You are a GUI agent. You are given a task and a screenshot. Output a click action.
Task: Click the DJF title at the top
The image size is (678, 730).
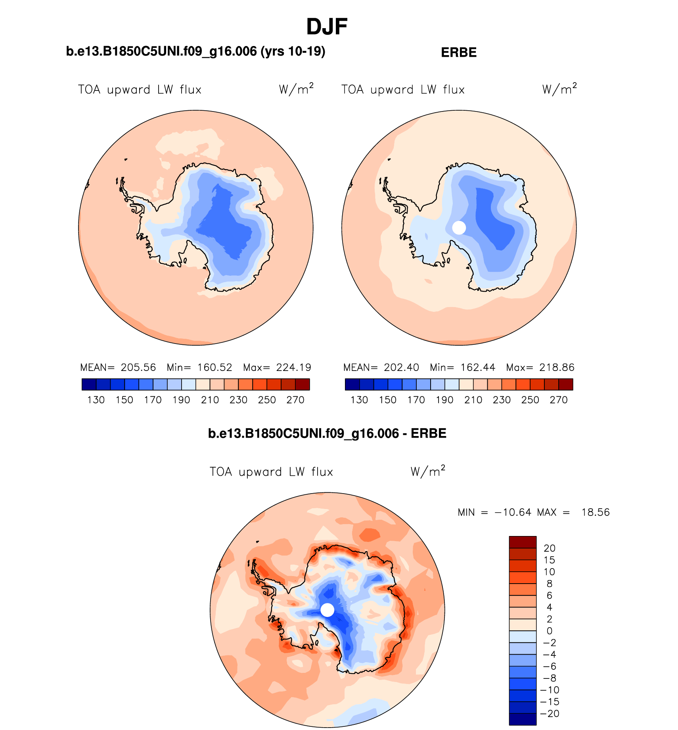click(x=327, y=27)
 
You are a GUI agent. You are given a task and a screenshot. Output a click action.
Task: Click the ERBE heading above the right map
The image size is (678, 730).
click(x=459, y=52)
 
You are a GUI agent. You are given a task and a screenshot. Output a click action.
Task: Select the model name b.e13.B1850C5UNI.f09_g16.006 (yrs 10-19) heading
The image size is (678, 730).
click(x=195, y=51)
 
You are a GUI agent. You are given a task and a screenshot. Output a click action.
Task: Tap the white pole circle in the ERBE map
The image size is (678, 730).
click(x=459, y=228)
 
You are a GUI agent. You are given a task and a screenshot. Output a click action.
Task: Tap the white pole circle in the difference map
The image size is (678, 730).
click(x=327, y=610)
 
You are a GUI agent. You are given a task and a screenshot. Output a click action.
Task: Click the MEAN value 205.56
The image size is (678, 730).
click(x=138, y=367)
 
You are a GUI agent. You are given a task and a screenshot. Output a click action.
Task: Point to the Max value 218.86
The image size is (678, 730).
click(x=557, y=367)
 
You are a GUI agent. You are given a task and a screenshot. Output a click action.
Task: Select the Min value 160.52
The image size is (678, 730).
click(x=215, y=367)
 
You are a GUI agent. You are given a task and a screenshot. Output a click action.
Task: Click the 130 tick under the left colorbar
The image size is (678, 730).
click(x=96, y=400)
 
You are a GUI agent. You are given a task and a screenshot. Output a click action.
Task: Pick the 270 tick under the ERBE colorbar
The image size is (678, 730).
click(x=559, y=400)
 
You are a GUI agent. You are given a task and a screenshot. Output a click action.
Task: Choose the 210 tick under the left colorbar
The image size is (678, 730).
click(x=210, y=400)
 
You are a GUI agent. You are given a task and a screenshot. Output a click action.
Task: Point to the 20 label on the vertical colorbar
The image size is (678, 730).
click(x=550, y=548)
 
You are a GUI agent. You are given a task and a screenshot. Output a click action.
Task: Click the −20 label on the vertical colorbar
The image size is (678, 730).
click(x=550, y=714)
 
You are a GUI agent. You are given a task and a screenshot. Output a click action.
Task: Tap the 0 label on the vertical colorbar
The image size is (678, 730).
click(x=550, y=631)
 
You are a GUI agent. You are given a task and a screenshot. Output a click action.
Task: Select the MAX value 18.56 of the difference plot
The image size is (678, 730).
click(x=596, y=512)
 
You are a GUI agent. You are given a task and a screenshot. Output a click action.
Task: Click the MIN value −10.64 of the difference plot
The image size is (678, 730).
click(x=513, y=512)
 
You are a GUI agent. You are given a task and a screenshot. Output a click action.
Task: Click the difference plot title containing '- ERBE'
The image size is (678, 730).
click(x=327, y=433)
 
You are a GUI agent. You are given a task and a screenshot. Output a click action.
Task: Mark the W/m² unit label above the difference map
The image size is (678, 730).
click(x=428, y=471)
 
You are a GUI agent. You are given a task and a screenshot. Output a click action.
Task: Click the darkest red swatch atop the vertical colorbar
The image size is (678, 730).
click(x=523, y=542)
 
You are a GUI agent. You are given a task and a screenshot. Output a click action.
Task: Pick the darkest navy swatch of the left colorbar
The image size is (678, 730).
click(x=89, y=384)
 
